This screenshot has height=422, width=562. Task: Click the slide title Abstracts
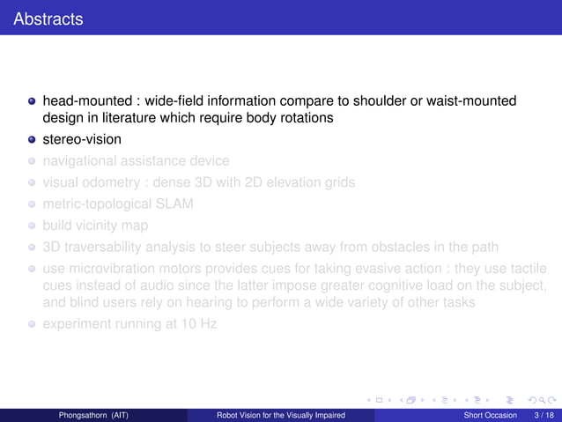pos(48,18)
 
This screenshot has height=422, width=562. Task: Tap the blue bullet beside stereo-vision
pos(32,139)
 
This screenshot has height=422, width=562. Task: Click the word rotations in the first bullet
pos(306,117)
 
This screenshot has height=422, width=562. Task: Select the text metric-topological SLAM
pos(117,204)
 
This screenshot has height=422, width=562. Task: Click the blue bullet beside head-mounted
pos(32,101)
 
